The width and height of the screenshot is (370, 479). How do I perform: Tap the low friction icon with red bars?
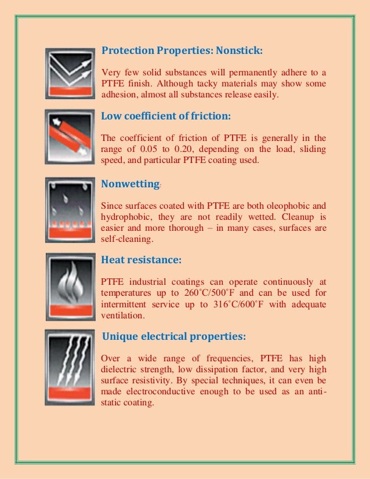tap(69, 139)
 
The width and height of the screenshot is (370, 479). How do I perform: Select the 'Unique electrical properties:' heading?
tap(173, 336)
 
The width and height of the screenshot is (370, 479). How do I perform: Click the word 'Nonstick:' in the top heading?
tap(239, 51)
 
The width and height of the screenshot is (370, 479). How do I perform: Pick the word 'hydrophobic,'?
tap(125, 216)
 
